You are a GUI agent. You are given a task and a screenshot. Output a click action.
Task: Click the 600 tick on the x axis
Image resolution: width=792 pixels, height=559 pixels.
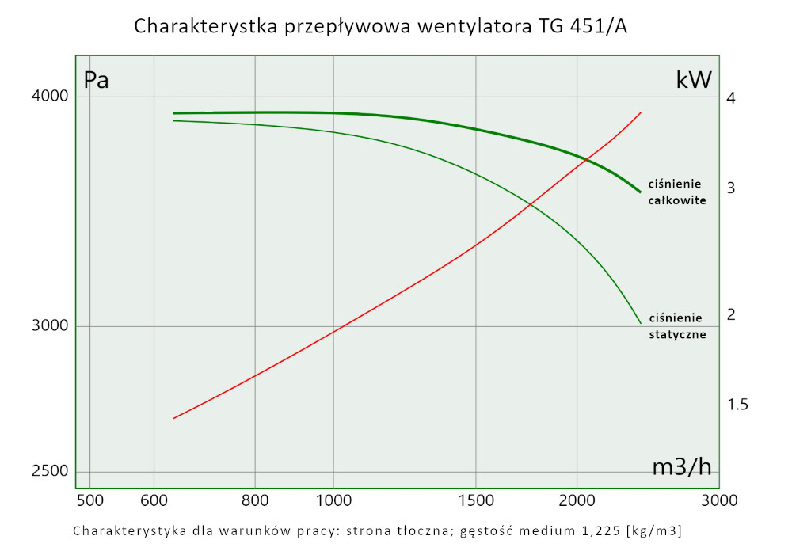153,500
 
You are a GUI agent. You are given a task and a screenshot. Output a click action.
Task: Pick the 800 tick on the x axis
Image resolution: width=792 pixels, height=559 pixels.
255,500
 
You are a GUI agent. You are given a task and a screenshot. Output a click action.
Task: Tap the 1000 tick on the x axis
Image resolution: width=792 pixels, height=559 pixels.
333,500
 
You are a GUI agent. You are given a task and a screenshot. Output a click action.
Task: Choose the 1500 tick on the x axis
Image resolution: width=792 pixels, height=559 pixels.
475,500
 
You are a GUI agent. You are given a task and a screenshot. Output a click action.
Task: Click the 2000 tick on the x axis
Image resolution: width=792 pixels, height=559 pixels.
577,500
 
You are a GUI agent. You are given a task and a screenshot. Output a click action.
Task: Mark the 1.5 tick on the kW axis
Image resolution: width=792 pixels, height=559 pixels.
737,405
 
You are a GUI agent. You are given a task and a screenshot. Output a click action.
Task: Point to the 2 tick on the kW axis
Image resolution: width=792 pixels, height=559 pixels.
731,314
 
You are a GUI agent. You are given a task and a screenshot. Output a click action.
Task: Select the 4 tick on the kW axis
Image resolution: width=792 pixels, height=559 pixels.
731,98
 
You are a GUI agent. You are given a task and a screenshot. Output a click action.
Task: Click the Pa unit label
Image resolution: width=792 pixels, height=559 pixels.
96,80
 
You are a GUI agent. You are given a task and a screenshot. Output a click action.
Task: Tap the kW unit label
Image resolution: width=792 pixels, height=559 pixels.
694,79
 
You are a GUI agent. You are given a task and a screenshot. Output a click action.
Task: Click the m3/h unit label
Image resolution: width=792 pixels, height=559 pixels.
682,468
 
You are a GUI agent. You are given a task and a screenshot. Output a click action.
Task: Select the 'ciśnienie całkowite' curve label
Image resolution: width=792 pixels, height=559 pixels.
676,192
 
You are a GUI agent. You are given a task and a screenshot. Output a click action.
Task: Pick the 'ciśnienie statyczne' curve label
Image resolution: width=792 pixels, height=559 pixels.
676,326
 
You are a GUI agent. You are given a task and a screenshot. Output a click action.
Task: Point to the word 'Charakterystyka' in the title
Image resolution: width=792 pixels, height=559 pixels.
203,27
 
